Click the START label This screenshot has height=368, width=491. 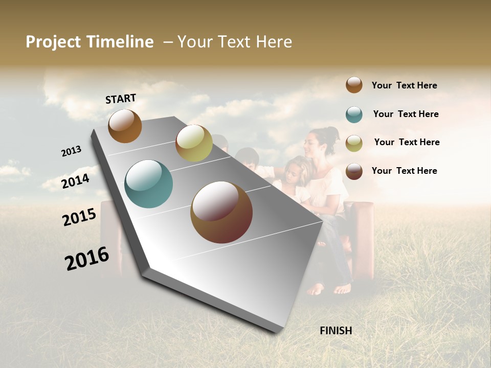[x=121, y=99]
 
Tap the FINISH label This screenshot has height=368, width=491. [x=336, y=331]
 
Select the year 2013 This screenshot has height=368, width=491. [x=72, y=151]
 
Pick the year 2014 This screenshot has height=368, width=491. [x=76, y=181]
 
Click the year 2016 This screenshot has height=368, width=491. [x=87, y=259]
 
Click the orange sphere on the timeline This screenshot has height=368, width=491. [x=125, y=126]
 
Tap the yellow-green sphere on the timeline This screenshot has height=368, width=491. [x=194, y=143]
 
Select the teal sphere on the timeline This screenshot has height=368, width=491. [x=148, y=184]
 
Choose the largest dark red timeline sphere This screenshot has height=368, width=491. [x=221, y=212]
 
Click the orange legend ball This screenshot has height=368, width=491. [x=354, y=85]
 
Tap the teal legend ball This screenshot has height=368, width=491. [x=354, y=114]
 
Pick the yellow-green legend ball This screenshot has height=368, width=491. [x=354, y=143]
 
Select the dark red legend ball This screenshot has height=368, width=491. [x=354, y=171]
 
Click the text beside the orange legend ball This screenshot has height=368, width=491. [x=404, y=85]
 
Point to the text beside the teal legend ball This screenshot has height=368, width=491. [x=406, y=114]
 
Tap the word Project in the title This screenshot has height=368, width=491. [x=53, y=42]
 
